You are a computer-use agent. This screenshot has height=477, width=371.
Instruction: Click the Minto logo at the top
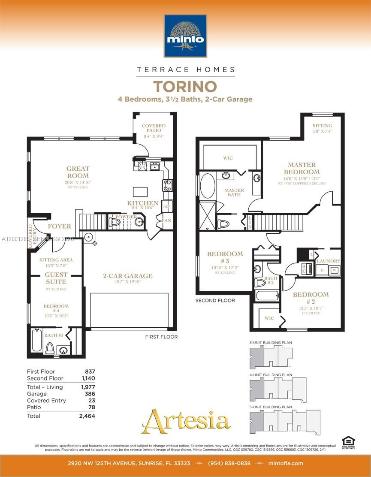tap(185, 36)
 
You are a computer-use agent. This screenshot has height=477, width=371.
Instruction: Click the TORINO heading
tap(185, 87)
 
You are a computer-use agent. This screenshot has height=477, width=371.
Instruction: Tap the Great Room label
tap(78, 172)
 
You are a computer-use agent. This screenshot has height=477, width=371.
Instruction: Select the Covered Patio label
tap(154, 128)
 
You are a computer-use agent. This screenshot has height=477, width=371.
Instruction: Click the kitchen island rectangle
tap(139, 191)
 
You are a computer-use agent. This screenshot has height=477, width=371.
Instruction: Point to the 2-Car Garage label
tap(127, 276)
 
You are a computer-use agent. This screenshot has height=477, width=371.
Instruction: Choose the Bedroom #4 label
tap(56, 306)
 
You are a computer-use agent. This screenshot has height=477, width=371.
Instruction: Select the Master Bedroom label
tap(302, 168)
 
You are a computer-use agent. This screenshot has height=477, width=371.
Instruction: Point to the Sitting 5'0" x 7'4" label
tap(322, 128)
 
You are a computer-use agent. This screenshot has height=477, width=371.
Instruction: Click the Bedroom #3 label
tap(225, 257)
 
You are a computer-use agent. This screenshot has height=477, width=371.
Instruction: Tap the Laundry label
tap(328, 261)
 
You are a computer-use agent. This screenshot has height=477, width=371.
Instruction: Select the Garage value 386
tap(90, 394)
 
